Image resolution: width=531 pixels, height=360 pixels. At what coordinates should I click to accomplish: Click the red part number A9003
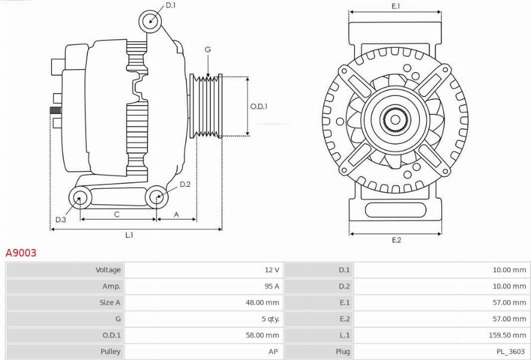[21, 253]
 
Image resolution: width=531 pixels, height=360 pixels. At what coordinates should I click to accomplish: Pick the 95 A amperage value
[272, 286]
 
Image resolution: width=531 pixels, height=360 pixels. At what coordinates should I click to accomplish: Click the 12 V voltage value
[272, 270]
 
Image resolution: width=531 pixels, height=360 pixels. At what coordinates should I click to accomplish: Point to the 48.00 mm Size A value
[262, 303]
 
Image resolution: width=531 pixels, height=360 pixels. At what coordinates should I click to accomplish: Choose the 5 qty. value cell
[270, 319]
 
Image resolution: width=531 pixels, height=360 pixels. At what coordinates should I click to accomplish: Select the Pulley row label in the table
[111, 352]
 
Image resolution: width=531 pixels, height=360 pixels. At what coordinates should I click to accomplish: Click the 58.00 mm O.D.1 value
[262, 335]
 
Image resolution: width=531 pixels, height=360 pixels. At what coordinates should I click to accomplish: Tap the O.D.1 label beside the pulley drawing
[259, 106]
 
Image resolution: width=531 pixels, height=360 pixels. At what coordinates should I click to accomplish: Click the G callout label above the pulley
[208, 50]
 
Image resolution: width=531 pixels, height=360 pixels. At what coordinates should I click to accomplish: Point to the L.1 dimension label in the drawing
[130, 235]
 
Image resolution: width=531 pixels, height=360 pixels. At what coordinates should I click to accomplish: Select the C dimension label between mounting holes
[117, 214]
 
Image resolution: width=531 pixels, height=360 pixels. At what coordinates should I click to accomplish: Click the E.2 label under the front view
[396, 240]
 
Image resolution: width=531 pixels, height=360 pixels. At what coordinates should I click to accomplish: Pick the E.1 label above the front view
[395, 6]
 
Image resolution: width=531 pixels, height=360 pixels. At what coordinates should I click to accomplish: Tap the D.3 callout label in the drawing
[60, 220]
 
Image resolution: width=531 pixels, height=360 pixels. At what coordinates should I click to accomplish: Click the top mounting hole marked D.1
[150, 21]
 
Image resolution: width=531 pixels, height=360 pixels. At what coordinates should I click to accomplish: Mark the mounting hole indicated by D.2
[156, 196]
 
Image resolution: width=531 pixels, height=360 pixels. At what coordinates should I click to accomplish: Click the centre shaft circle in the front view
[395, 119]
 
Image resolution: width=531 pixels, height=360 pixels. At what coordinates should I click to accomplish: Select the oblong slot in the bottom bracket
[395, 210]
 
